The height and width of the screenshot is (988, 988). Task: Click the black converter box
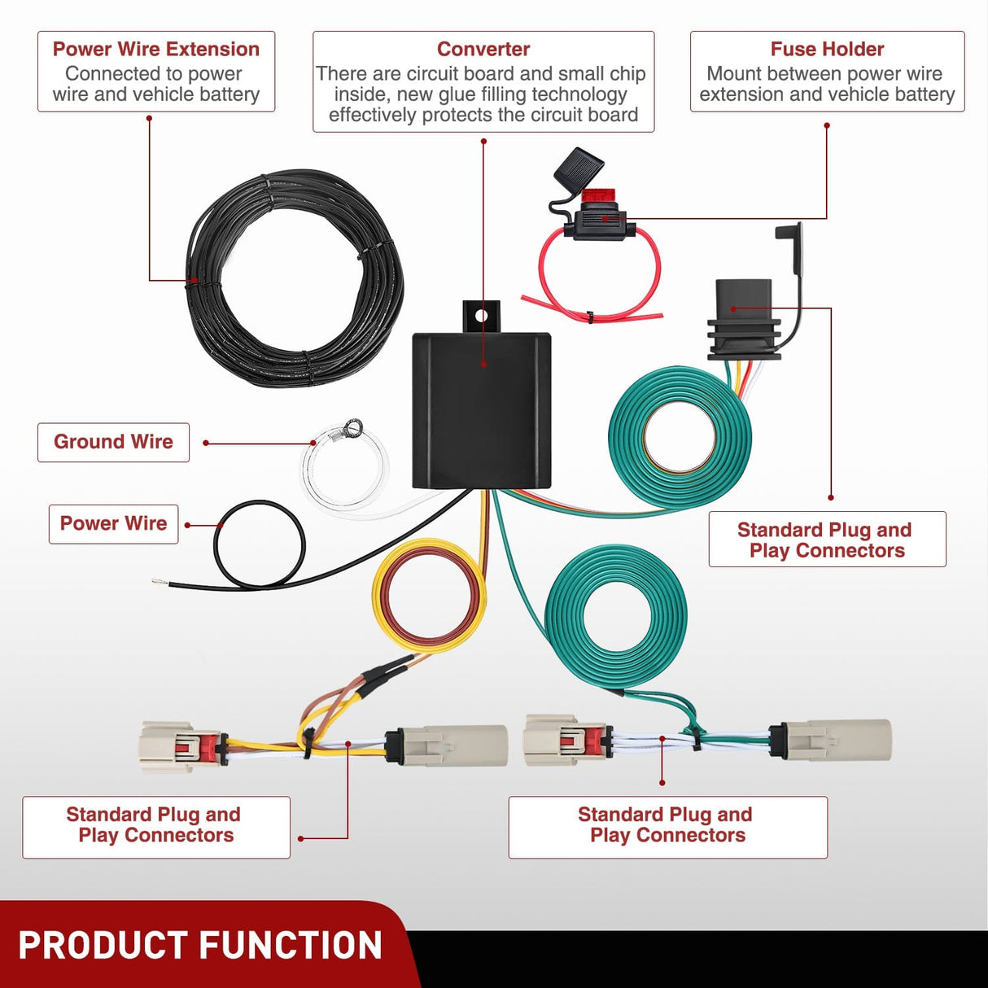[481, 411]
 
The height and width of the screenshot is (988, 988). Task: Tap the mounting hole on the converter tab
[481, 315]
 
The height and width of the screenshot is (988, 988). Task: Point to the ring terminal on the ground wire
[352, 427]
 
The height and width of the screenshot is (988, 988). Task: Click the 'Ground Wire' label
[113, 442]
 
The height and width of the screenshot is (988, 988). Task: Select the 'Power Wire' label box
[113, 523]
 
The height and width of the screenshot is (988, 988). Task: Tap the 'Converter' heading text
[483, 49]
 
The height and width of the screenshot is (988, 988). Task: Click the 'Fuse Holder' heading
[827, 49]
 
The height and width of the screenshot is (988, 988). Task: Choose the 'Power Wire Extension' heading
[155, 49]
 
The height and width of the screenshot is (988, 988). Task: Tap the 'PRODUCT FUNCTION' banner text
[200, 946]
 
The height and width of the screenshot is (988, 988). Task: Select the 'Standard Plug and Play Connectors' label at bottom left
[155, 825]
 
